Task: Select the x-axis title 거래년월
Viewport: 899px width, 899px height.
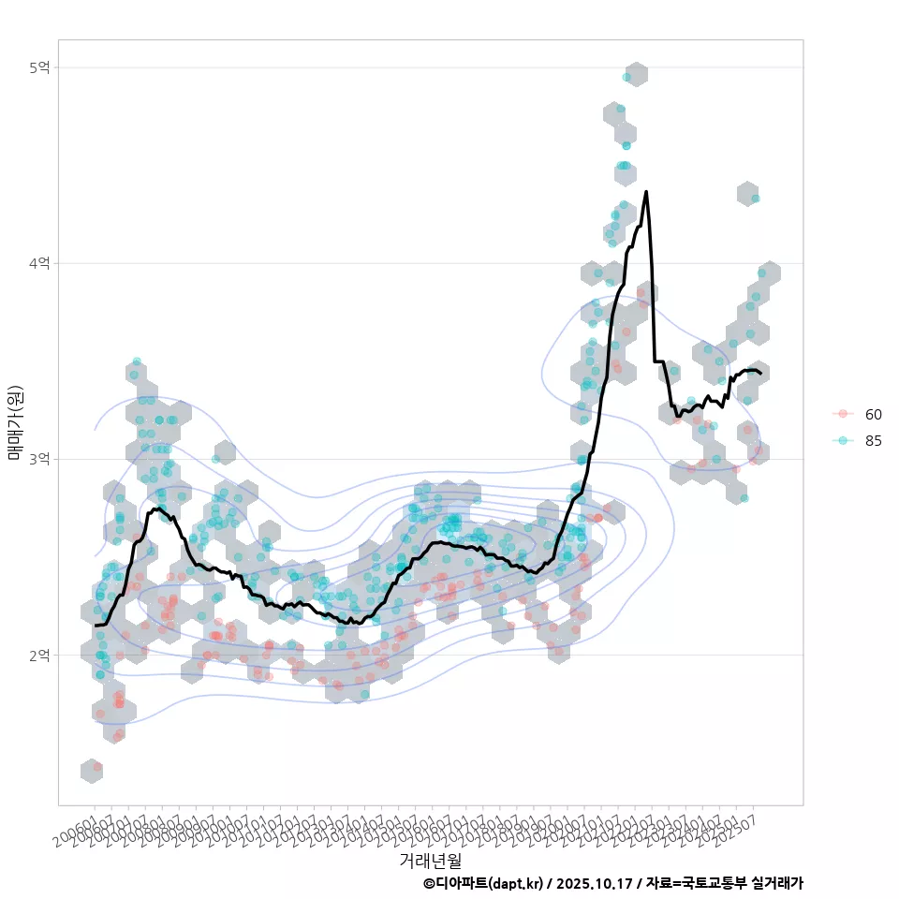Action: [x=430, y=860]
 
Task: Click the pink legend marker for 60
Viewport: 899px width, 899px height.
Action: [x=843, y=414]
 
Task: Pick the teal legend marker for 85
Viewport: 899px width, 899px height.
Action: [x=843, y=441]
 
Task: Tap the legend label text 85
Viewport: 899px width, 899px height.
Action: [x=874, y=441]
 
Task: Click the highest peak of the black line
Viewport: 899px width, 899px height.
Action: [x=646, y=192]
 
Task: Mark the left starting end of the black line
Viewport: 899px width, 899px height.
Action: [x=96, y=625]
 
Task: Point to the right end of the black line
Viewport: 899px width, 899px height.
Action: [x=760, y=374]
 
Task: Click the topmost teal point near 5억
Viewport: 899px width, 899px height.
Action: [x=627, y=77]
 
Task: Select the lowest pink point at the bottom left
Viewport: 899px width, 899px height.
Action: [x=97, y=767]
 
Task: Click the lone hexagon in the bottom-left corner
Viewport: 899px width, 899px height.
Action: [x=92, y=771]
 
